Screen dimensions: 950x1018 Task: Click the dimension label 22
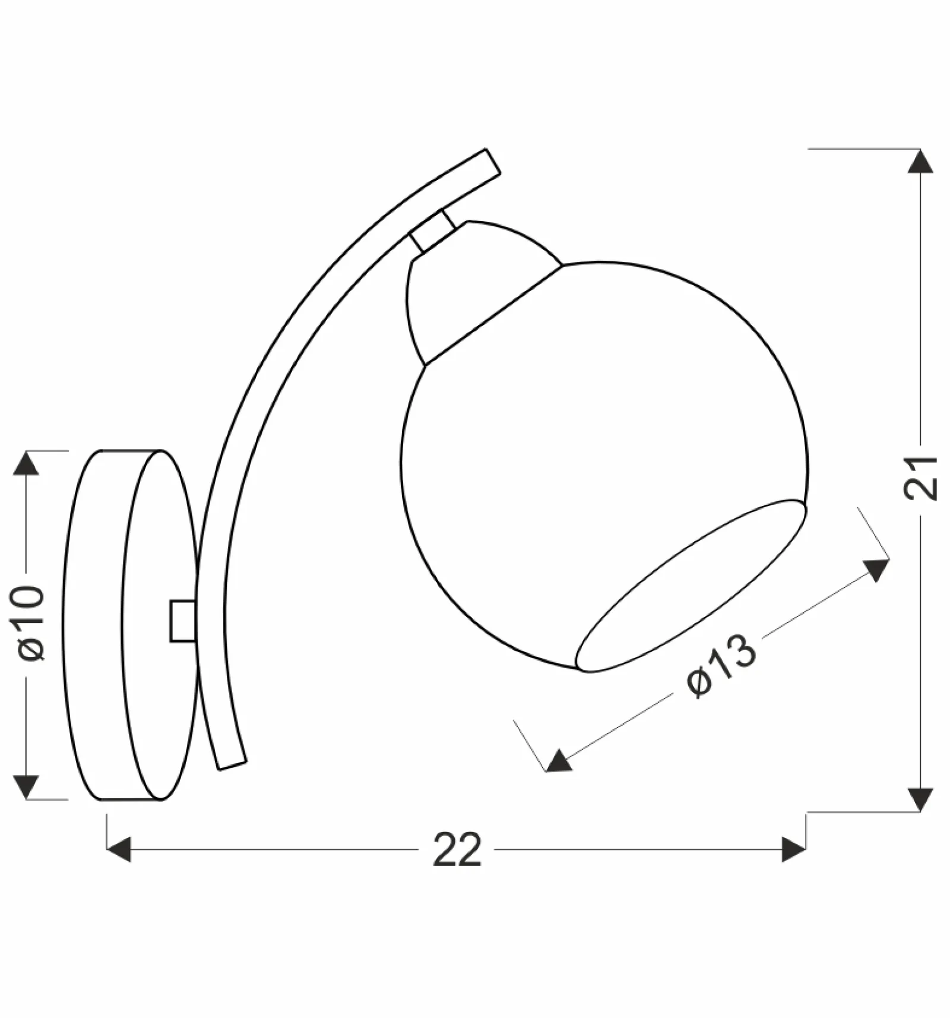(457, 850)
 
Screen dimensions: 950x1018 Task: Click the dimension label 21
(920, 479)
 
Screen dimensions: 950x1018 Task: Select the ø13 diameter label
(721, 665)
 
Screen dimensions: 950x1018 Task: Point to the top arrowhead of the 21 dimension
(920, 162)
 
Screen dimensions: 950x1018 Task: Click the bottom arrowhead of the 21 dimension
(920, 799)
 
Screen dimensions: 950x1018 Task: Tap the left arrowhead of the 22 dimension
(119, 849)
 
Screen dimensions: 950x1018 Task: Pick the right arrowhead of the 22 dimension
(794, 849)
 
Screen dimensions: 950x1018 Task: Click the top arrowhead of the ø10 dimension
(26, 463)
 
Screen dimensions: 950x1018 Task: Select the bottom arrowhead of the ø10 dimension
(26, 787)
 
